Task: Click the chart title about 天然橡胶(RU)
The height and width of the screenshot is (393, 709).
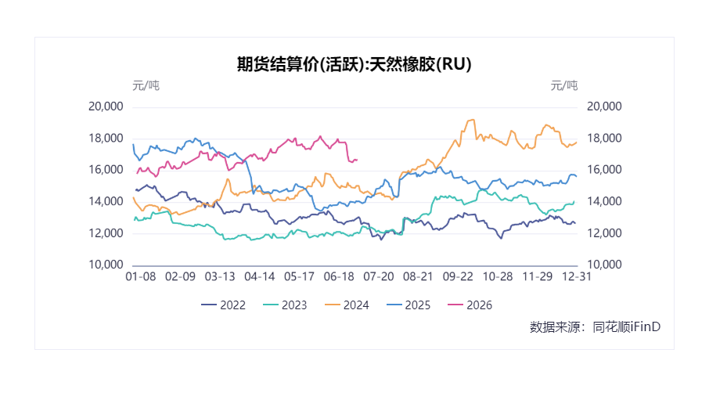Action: coord(354,64)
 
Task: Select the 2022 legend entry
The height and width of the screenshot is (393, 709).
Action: coord(223,305)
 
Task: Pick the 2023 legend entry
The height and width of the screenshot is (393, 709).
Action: coord(285,305)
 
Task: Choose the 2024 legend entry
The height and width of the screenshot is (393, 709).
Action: coord(347,305)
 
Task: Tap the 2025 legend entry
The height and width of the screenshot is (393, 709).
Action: coord(408,305)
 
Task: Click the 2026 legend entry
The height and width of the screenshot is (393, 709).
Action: coord(470,305)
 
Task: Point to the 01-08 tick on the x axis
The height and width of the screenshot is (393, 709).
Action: coord(141,276)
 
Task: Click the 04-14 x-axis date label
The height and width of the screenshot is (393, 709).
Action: coord(260,276)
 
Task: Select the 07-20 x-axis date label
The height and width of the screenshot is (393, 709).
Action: coord(379,276)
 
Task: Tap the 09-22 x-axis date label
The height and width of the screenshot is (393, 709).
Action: coord(458,276)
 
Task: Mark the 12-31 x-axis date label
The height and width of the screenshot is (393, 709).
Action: coord(577,276)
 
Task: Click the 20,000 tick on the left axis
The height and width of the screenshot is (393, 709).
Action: coord(106,106)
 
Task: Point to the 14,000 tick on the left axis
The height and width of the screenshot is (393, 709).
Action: coord(106,201)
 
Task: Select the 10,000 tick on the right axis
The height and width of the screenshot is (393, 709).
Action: coord(604,265)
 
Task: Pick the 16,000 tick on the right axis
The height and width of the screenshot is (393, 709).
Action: coord(604,170)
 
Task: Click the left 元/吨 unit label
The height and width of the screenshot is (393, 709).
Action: coord(146,85)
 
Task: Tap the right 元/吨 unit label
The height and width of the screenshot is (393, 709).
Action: coord(564,85)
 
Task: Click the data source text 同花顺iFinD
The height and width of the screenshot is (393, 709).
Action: coord(626,326)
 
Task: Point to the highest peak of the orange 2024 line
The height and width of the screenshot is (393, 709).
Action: coord(473,120)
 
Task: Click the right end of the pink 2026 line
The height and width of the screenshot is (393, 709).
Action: coord(357,160)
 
